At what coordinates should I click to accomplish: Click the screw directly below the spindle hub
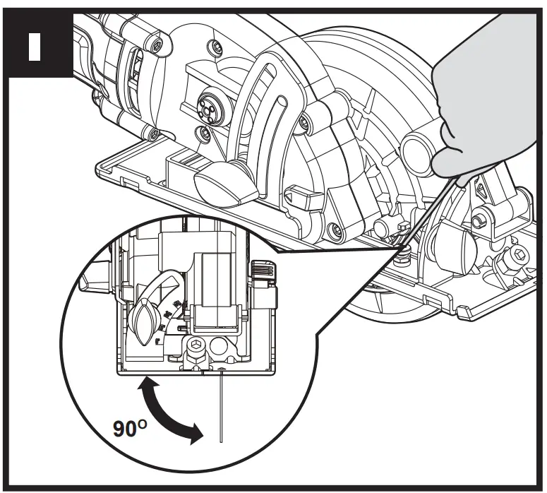click(204, 132)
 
